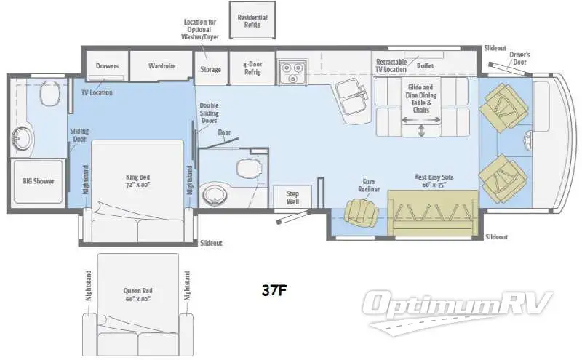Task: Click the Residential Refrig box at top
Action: [x=252, y=21]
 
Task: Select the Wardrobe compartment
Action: [x=162, y=65]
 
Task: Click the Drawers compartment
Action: [x=108, y=65]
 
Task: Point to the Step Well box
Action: [x=292, y=197]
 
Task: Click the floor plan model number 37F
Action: [x=274, y=290]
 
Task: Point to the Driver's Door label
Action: [x=519, y=57]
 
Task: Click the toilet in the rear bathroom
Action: [x=49, y=92]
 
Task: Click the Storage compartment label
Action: [x=211, y=70]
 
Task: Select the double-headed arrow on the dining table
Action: [x=423, y=130]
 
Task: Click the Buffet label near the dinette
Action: [x=426, y=66]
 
